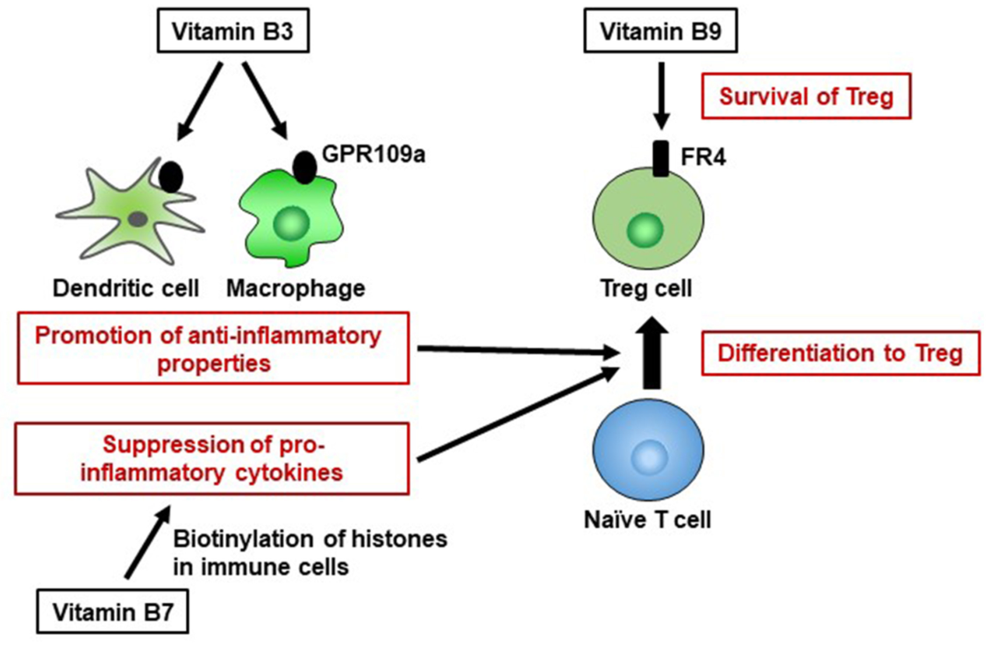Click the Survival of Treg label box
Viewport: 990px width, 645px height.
[x=806, y=96]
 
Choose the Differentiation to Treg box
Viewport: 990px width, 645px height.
[x=840, y=354]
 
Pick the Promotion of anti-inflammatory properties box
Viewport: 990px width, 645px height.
[x=215, y=348]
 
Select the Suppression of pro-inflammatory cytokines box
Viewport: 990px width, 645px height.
[x=215, y=459]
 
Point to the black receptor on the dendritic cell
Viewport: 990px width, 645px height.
[x=171, y=175]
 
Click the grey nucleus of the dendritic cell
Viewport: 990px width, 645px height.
[x=137, y=218]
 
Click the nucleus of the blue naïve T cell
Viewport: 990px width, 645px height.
[x=649, y=456]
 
